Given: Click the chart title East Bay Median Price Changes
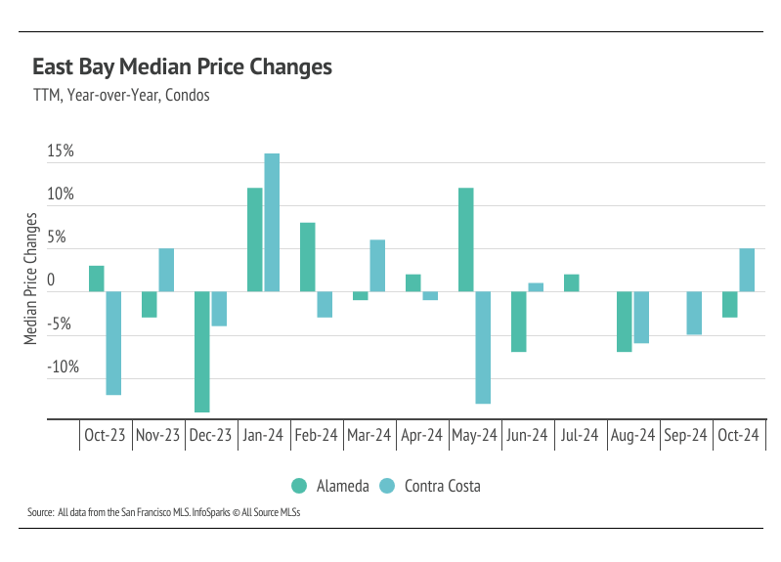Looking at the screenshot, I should [x=182, y=67].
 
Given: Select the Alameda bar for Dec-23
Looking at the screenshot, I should [x=202, y=351].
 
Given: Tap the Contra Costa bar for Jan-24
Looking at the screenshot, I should [x=272, y=222].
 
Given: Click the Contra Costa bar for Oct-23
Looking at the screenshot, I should [x=113, y=342].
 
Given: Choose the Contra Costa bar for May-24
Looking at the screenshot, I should [x=483, y=347].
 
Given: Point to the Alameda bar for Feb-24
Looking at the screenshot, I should [x=308, y=256].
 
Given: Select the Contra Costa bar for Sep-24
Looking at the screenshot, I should [x=694, y=313].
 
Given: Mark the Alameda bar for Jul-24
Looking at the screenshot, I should [x=572, y=282].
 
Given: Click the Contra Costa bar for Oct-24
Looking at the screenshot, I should [x=747, y=270].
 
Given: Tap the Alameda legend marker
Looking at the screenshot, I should [x=299, y=486].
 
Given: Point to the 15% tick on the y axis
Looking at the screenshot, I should [x=61, y=152].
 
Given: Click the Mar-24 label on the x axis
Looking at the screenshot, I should [x=369, y=436].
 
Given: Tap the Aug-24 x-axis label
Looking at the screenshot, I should [x=631, y=436].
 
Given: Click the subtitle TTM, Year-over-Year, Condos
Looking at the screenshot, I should [x=121, y=96].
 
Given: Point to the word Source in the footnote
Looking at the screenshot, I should [x=40, y=512].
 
